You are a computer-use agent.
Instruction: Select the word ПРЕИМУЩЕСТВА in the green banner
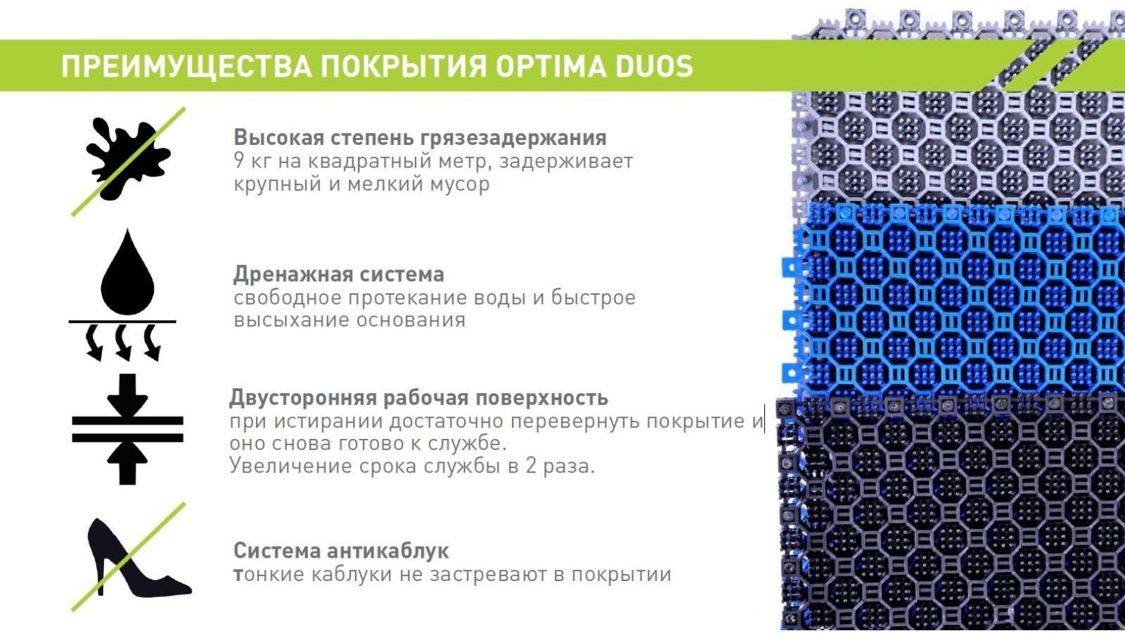pos(186,66)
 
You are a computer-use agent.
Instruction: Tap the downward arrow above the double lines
pos(127,394)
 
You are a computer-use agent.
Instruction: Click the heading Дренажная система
pos(338,274)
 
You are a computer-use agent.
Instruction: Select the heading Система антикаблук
pos(341,550)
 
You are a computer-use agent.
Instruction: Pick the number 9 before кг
pos(239,161)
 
